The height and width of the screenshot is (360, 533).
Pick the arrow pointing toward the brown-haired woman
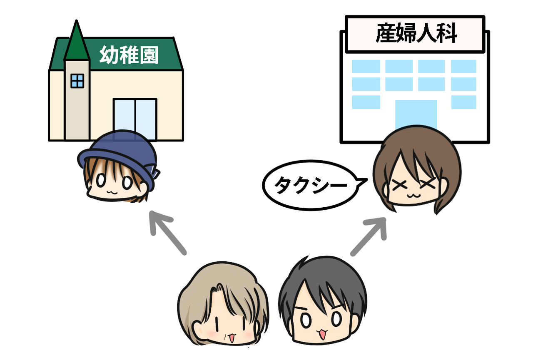point(369,235)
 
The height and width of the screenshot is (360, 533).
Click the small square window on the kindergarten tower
point(77,81)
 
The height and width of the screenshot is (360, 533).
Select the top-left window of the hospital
point(366,66)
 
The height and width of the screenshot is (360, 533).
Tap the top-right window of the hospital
point(463,66)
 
